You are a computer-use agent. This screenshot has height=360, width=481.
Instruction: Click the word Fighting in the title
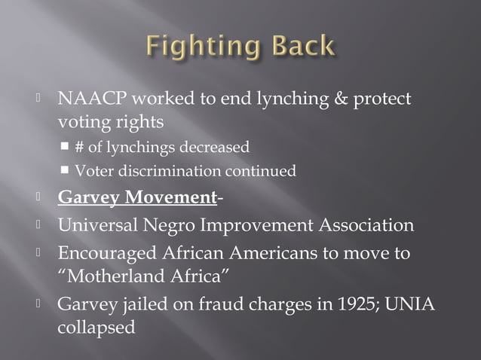[201, 47]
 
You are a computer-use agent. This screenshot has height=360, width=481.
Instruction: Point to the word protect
[384, 99]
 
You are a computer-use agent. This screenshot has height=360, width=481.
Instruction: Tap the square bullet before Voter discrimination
[67, 170]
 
